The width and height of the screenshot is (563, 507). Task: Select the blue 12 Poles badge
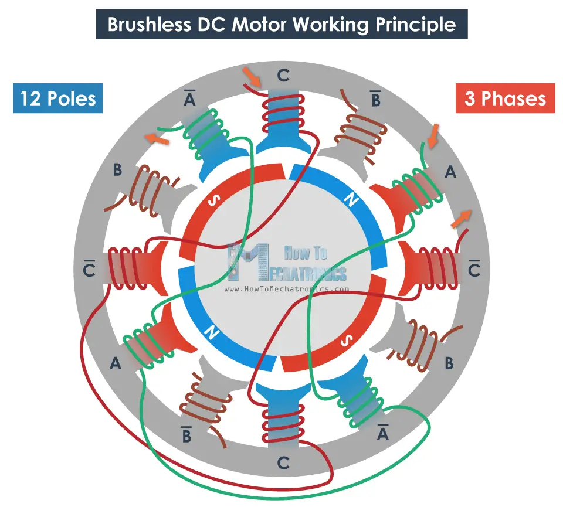(x=57, y=98)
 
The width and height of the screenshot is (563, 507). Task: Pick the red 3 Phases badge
(x=505, y=98)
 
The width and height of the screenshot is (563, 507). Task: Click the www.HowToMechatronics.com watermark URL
(x=287, y=290)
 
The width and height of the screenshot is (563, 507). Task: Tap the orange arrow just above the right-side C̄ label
(x=462, y=219)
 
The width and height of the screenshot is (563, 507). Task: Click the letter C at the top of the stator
(x=283, y=76)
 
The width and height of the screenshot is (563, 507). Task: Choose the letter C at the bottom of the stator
(x=283, y=463)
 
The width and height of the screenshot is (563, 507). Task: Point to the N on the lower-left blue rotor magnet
(x=211, y=334)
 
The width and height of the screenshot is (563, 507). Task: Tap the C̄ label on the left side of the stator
(x=90, y=269)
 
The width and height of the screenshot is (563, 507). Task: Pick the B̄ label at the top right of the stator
(x=376, y=98)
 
